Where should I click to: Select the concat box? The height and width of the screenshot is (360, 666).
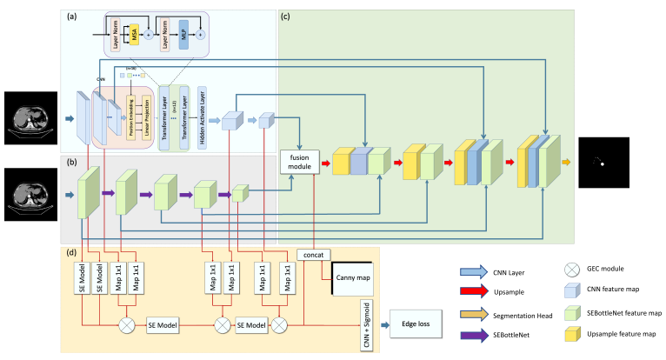[x=312, y=254]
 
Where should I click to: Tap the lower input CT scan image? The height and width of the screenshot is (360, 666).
[x=28, y=194]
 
